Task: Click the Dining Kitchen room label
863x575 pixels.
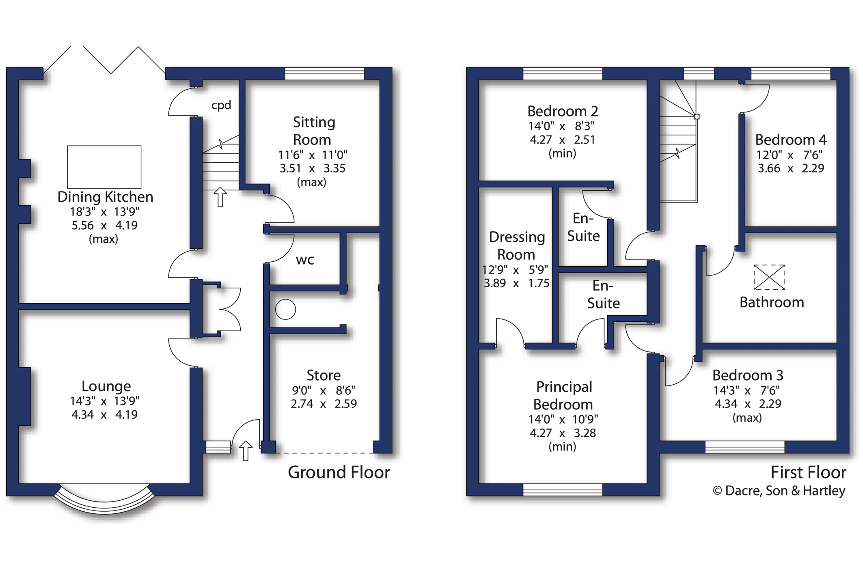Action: [x=105, y=197]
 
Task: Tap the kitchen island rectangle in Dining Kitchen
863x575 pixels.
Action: [x=104, y=167]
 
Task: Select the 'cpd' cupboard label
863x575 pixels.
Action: [x=221, y=105]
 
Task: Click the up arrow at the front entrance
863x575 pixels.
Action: [x=246, y=450]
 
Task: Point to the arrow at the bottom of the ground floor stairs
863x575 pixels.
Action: [x=220, y=197]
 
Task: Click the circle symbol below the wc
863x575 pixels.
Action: [x=285, y=309]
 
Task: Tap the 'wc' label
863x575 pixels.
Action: [x=305, y=260]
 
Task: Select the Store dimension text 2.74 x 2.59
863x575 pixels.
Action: [x=324, y=404]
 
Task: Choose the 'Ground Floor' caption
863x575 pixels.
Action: [x=339, y=472]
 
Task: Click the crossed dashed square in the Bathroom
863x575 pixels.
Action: [x=769, y=277]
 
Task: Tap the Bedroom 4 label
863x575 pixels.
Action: [x=791, y=140]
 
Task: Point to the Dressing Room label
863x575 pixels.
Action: [x=517, y=246]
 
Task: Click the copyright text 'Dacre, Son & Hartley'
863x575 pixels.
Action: [x=785, y=491]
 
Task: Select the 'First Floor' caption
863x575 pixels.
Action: [x=808, y=472]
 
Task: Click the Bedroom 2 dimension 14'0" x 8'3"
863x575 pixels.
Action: [x=562, y=126]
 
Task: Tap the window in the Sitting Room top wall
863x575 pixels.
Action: [x=325, y=74]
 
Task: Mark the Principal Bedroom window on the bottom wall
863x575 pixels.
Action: [x=563, y=490]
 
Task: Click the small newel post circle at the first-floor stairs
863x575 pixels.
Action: [x=697, y=117]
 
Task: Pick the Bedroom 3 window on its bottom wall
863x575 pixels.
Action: [x=745, y=447]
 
